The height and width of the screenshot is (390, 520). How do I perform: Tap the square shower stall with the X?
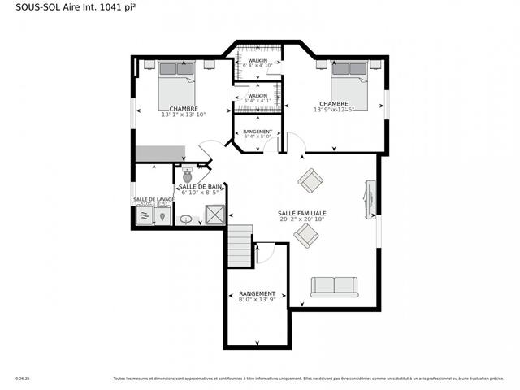(x=215, y=214)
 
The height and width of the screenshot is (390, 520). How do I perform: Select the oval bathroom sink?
(x=186, y=219)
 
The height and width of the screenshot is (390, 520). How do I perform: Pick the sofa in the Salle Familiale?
(x=334, y=286)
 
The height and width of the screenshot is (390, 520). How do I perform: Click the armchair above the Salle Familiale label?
(x=310, y=180)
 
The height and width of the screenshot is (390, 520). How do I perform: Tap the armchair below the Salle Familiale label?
(x=306, y=236)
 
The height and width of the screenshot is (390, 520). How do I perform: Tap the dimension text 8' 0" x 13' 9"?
(x=257, y=300)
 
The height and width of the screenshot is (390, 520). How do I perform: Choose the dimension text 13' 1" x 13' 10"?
(x=184, y=115)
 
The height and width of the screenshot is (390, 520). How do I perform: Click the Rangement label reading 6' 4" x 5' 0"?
(x=258, y=136)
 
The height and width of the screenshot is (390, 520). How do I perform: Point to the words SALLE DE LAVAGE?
(x=154, y=199)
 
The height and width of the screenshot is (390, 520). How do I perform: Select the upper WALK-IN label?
(x=258, y=60)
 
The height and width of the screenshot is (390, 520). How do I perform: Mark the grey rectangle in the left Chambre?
(x=162, y=154)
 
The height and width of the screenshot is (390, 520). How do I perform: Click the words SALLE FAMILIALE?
(x=302, y=213)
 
